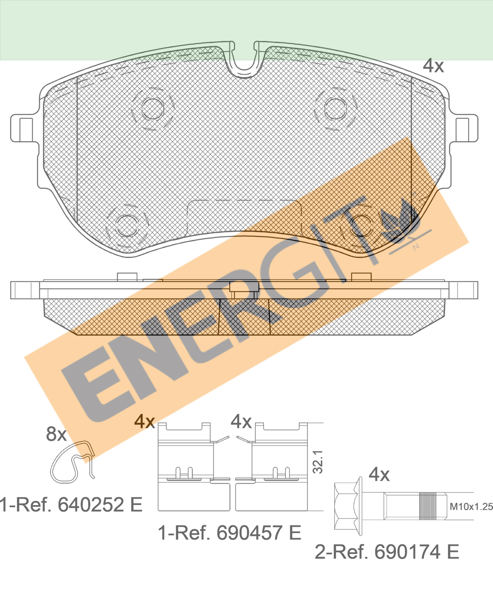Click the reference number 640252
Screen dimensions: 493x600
click(91, 504)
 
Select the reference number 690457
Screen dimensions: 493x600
click(249, 533)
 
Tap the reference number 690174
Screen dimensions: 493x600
click(407, 552)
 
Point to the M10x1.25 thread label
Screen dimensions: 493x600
click(471, 507)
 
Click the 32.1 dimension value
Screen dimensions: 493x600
click(318, 462)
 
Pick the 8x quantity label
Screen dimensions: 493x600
click(56, 434)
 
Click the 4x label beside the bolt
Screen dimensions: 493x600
click(379, 475)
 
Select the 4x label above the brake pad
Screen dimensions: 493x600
click(433, 66)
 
